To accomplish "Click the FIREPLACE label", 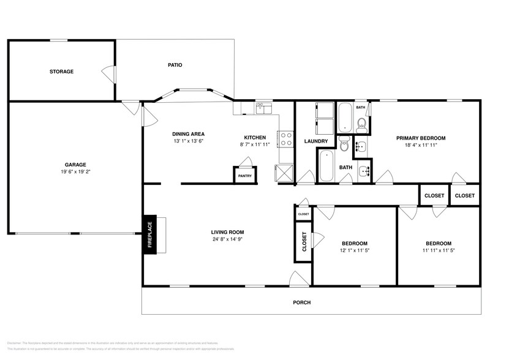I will tap(149, 234).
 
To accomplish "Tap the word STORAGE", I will tap(61, 72).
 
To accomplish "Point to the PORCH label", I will tap(301, 302).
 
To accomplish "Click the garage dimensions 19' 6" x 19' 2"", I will tap(76, 172).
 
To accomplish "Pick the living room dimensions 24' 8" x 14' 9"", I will tap(227, 239).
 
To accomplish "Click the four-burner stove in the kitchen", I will tap(285, 139).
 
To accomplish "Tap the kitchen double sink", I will tap(263, 108).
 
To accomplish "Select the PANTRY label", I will tap(244, 176).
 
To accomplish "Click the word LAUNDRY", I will tap(316, 141).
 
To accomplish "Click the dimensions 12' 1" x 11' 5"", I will tap(354, 250).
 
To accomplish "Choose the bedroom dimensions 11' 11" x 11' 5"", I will tap(438, 250).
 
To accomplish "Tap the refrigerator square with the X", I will tap(284, 174).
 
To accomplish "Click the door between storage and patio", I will tap(109, 73).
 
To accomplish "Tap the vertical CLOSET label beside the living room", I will tap(304, 241).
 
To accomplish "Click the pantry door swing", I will tap(245, 162).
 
